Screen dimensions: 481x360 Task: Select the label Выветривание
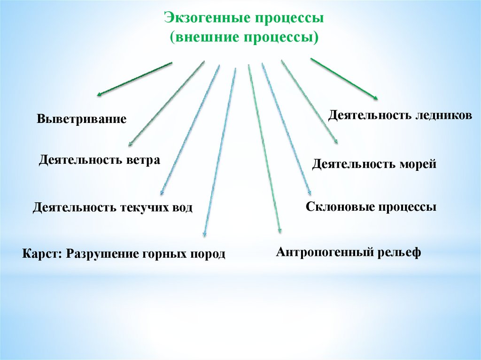click(82, 119)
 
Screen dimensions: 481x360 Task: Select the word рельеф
click(399, 252)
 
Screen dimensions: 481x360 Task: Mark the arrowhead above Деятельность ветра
click(130, 145)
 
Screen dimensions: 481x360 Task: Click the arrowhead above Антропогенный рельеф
click(280, 230)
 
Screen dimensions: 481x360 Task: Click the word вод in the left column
click(182, 207)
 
